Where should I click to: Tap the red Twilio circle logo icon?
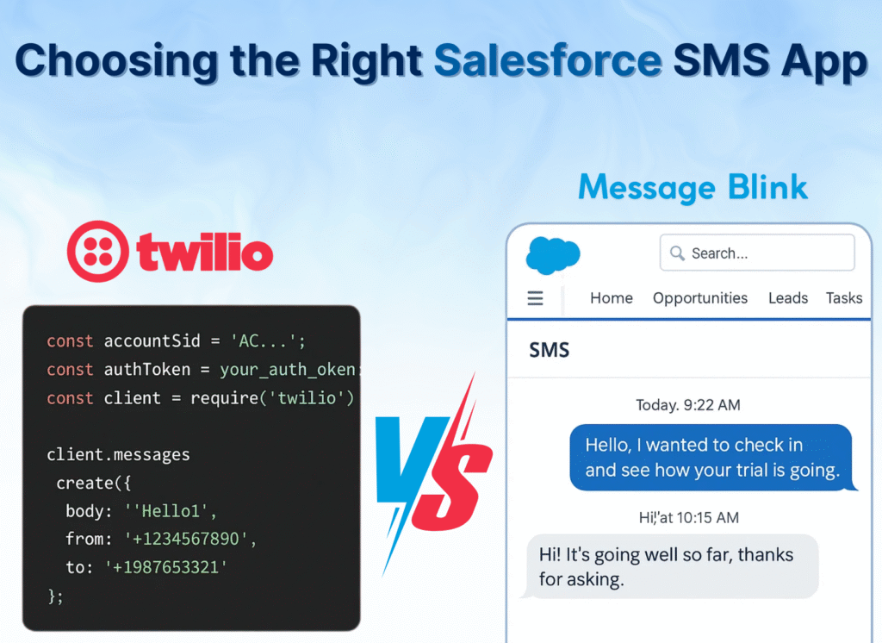(97, 252)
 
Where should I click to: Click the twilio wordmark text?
(205, 253)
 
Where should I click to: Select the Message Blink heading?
(693, 187)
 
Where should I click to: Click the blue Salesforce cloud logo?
(552, 254)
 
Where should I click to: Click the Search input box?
(757, 253)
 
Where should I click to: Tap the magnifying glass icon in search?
(677, 253)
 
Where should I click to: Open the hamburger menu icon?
(535, 298)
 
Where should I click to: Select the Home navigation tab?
(611, 298)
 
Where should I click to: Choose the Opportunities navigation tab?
(699, 298)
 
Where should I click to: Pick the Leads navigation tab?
(787, 298)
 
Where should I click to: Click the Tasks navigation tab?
(843, 298)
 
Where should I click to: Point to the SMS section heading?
(549, 351)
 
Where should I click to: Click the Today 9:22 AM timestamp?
(687, 405)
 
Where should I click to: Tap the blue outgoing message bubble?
(711, 458)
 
